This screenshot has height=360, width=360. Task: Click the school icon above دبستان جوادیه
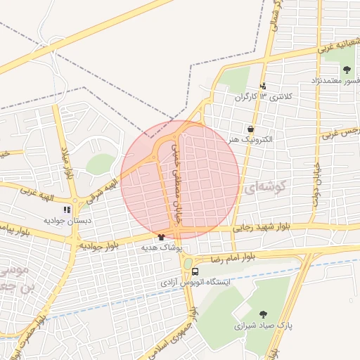(x=67, y=209)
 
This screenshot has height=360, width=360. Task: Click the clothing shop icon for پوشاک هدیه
(x=162, y=238)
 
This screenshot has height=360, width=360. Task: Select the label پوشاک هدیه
(x=161, y=248)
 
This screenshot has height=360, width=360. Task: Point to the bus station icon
(x=195, y=271)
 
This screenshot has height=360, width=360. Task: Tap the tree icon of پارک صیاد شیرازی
(x=263, y=314)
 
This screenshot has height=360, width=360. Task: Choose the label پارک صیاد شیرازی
(x=262, y=326)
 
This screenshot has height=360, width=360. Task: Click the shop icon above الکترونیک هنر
(x=251, y=129)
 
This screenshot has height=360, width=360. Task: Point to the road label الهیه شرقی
(x=101, y=190)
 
